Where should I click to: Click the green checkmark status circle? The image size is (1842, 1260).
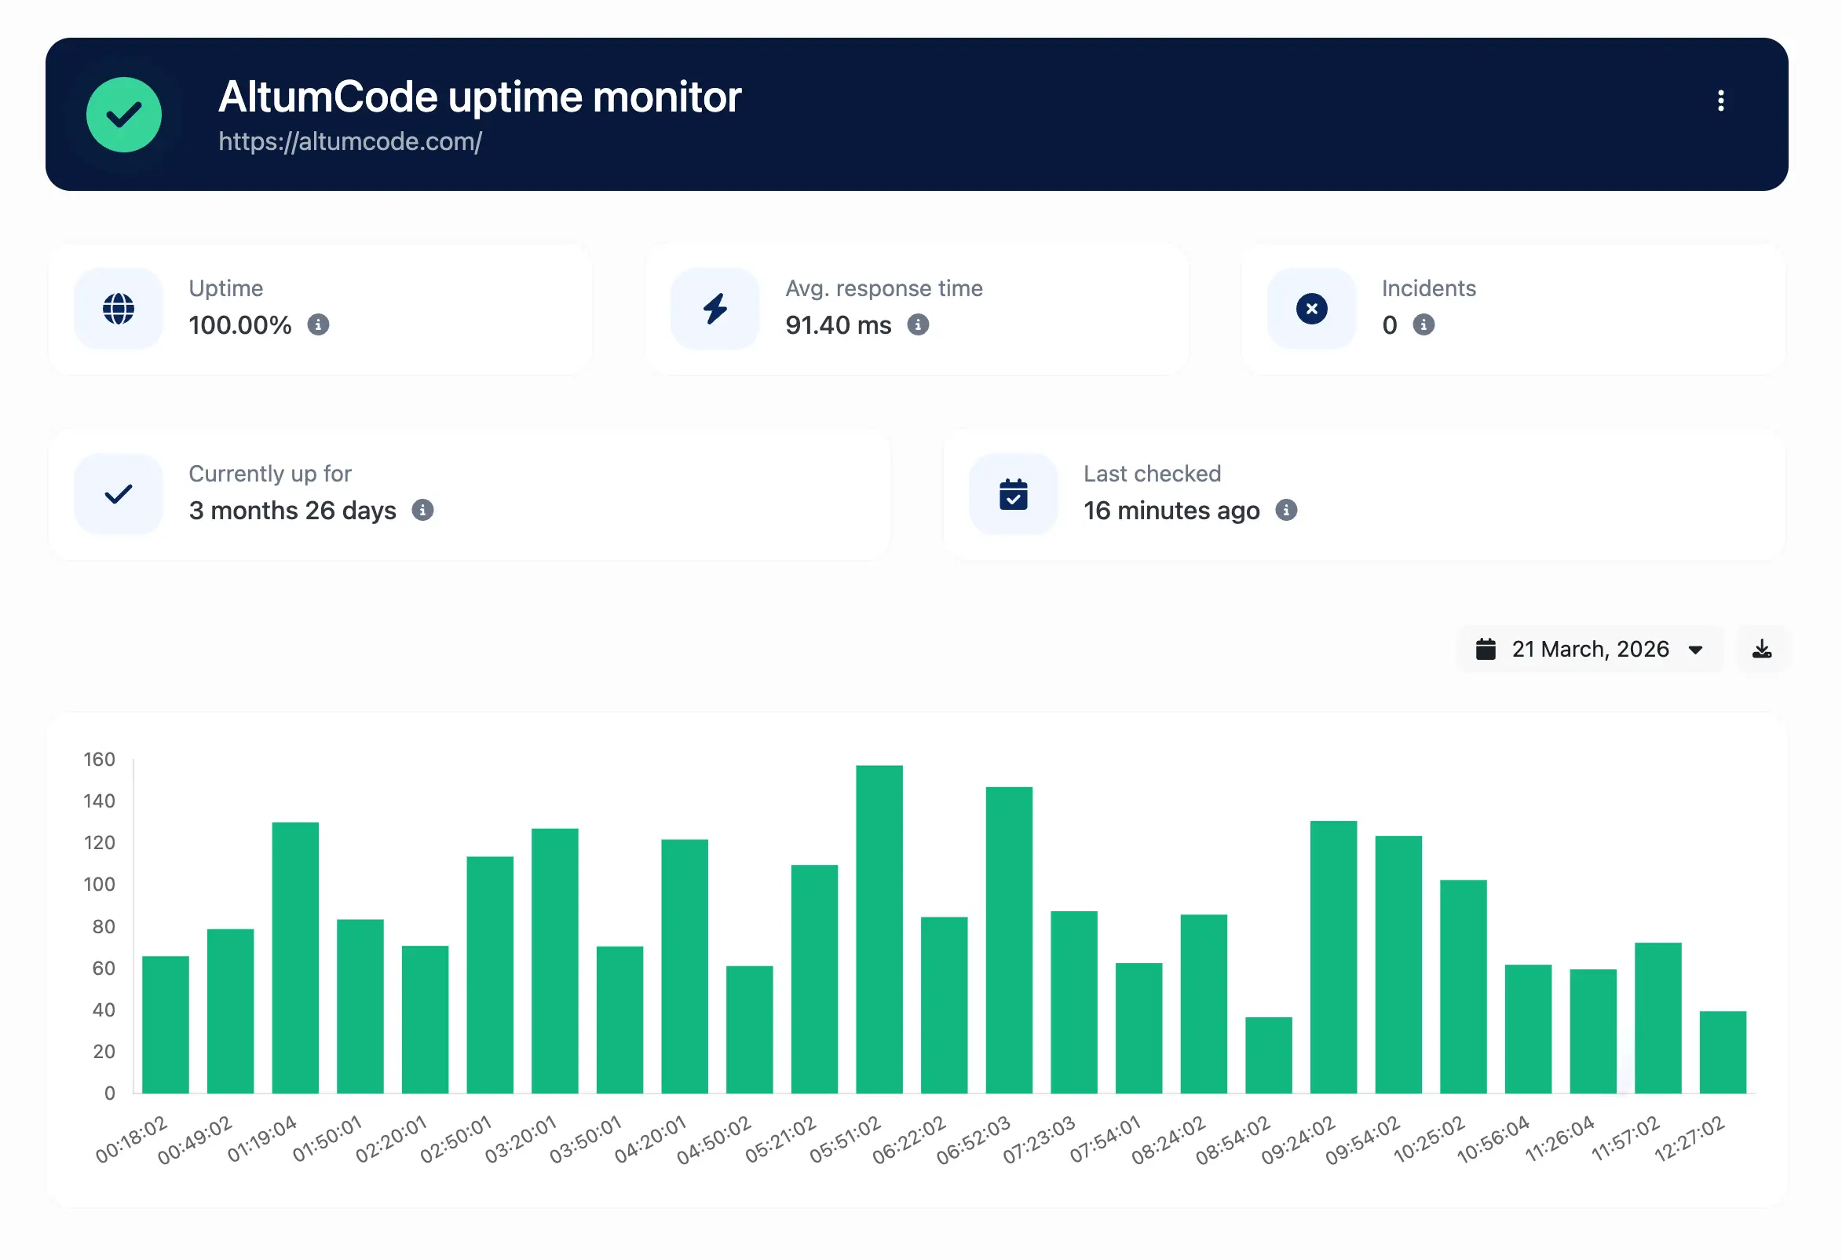point(123,114)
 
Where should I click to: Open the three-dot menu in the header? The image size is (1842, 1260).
point(1720,101)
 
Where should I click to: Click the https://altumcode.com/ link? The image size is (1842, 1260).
point(349,142)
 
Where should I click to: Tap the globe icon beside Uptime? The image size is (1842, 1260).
point(119,309)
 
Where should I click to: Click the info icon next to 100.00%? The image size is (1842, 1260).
point(318,325)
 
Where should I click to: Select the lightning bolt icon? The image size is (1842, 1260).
point(715,309)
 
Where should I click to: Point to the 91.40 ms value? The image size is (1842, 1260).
point(838,325)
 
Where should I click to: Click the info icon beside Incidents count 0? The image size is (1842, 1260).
point(1424,325)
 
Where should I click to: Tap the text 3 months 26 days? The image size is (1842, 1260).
point(291,511)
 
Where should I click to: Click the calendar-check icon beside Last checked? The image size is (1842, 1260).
point(1013,494)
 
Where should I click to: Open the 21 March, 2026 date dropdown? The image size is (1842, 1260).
point(1589,650)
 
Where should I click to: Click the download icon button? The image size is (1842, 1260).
point(1761,650)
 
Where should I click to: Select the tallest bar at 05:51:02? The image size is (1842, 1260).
point(879,929)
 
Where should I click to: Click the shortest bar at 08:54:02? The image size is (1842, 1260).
point(1268,1055)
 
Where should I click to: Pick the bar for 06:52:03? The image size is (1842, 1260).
point(1009,940)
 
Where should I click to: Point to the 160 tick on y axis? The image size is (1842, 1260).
point(99,760)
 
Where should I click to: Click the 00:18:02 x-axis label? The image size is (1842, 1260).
point(132,1140)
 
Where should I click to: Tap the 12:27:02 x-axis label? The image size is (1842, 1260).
point(1689,1140)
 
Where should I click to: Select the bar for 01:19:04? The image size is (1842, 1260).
point(295,958)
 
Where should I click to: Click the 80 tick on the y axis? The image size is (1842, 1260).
point(103,927)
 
